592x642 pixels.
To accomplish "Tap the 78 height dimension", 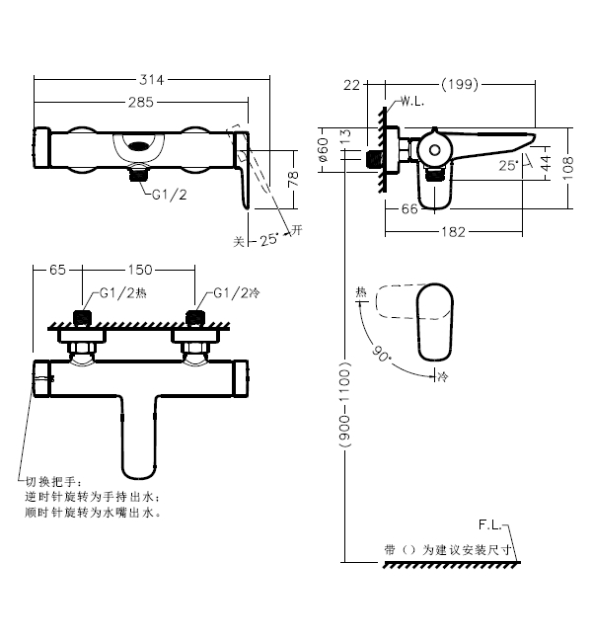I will click(x=292, y=178).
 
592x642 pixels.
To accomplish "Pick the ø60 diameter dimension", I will click(x=323, y=150).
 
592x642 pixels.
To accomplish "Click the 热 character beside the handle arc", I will click(x=361, y=292).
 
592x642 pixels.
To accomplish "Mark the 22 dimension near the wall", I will click(x=353, y=85).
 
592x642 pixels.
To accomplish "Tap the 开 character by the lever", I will click(x=295, y=231).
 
